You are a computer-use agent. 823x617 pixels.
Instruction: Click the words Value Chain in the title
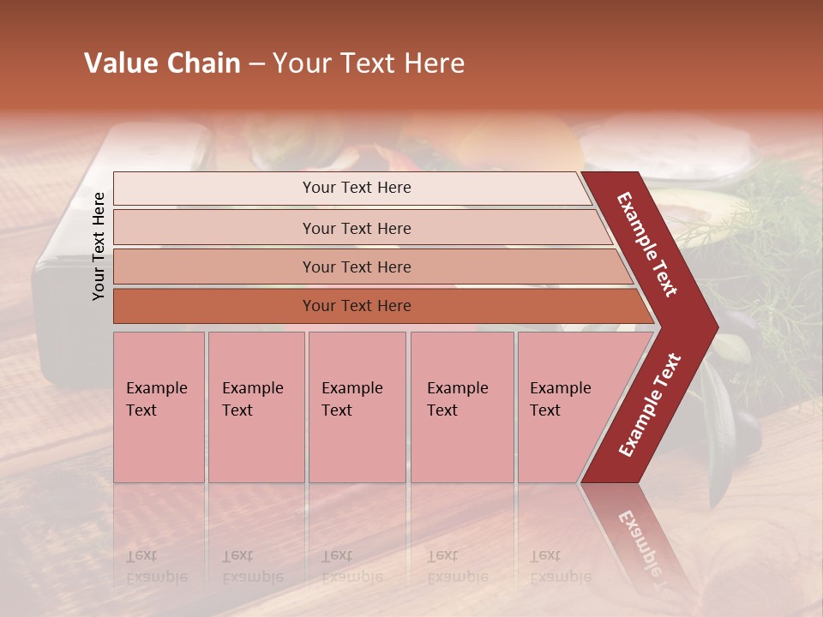pos(162,63)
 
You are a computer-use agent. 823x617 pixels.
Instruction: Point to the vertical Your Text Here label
pos(99,246)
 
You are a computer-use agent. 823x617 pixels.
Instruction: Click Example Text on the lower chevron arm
pos(650,404)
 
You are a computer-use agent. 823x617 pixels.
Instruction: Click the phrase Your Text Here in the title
pos(369,63)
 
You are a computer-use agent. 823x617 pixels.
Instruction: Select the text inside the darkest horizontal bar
pos(357,306)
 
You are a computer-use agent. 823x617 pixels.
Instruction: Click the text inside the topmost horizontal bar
pos(357,188)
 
